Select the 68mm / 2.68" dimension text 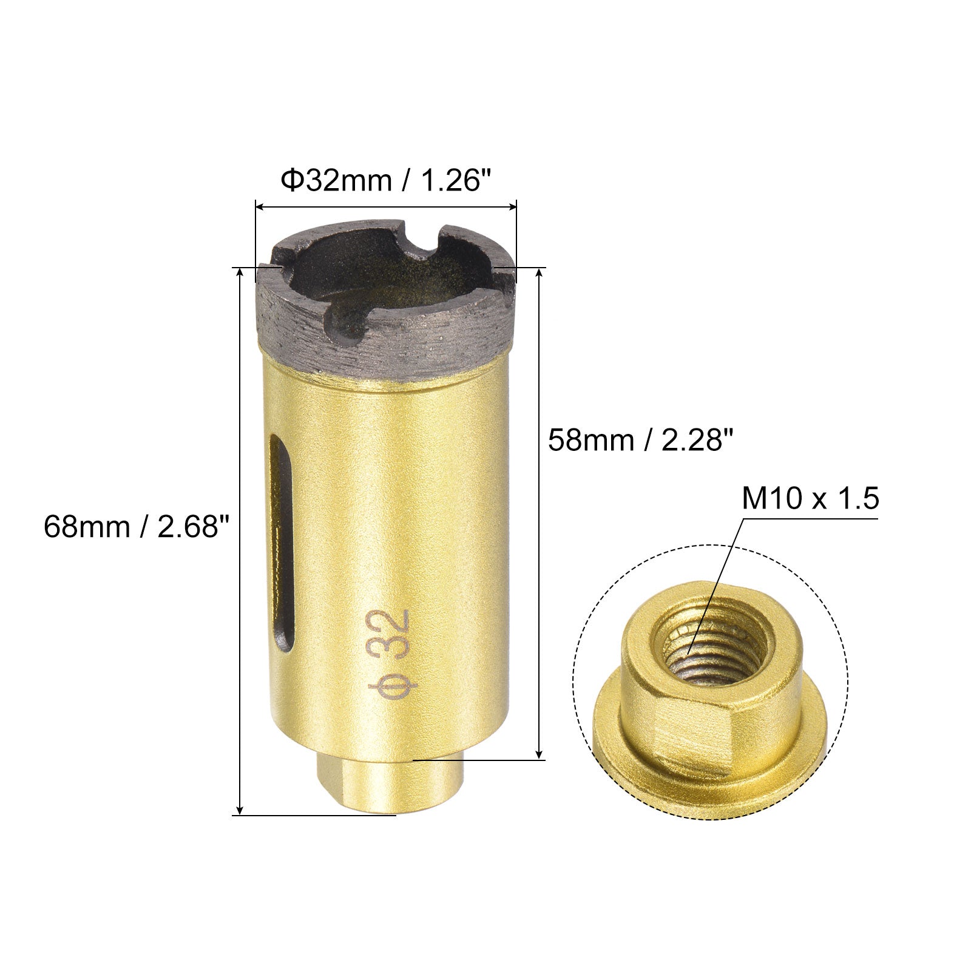(138, 526)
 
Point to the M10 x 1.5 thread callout (810, 500)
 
